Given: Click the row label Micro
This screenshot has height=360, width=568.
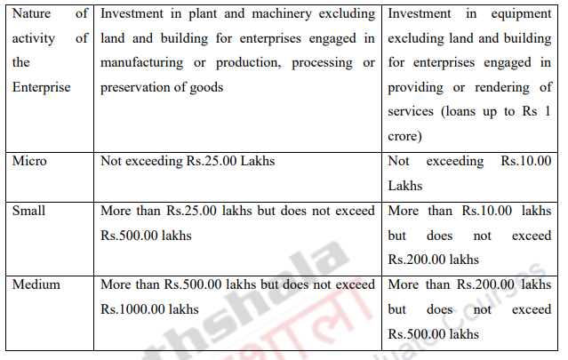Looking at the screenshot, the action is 30,163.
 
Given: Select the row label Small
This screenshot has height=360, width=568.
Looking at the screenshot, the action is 29,212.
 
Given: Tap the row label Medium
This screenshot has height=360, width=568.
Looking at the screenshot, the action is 36,285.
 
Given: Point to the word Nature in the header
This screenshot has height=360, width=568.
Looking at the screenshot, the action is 33,13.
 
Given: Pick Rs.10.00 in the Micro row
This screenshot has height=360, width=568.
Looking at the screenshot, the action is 526,163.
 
